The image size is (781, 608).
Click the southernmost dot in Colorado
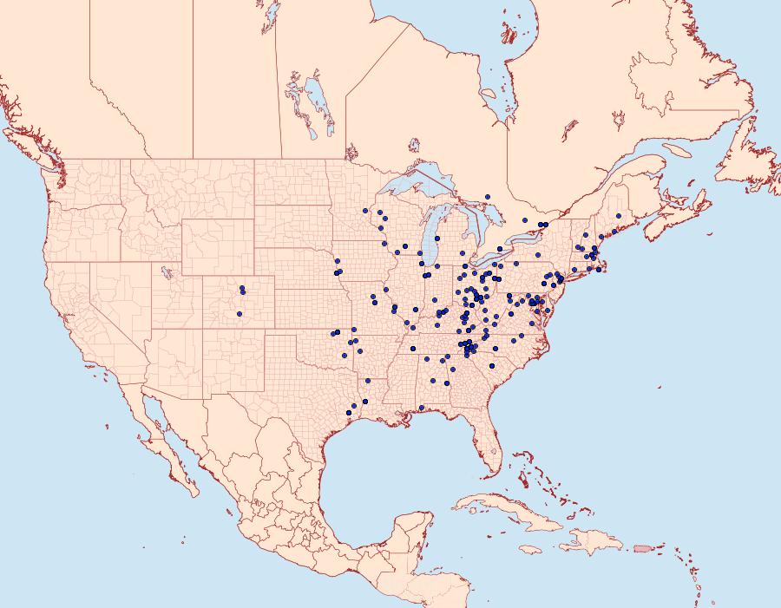(240, 314)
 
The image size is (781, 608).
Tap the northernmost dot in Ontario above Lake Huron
(489, 197)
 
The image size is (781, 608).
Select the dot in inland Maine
(618, 216)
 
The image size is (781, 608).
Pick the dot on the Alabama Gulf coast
(421, 408)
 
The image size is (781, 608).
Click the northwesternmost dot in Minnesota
(366, 211)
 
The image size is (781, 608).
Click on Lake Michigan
(431, 239)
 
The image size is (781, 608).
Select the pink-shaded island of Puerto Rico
(643, 547)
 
